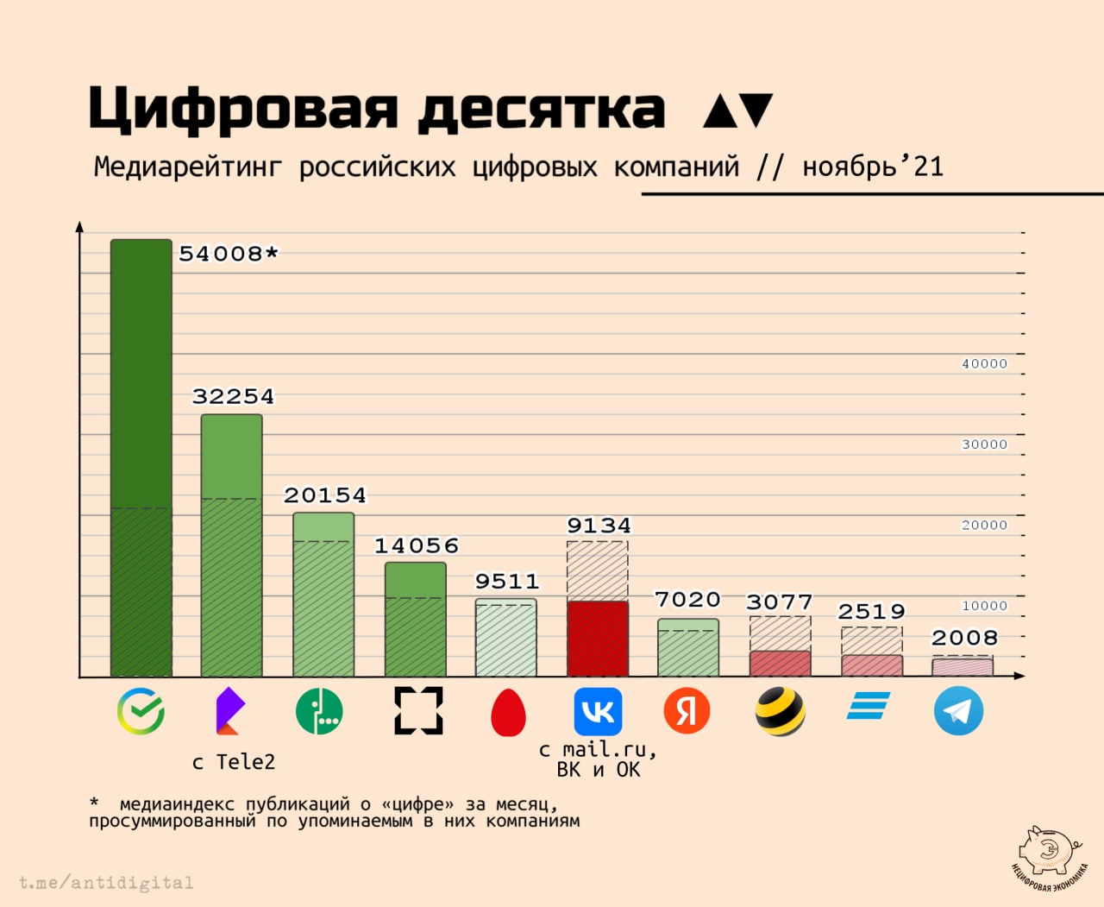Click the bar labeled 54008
point(141,457)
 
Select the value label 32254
point(233,396)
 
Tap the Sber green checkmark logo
point(141,711)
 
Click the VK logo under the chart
point(598,711)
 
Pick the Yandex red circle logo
point(687,711)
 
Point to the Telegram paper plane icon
point(958,711)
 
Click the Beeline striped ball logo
point(780,711)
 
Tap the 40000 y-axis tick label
point(984,364)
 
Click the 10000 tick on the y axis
point(984,606)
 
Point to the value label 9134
point(599,526)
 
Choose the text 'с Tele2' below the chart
point(233,762)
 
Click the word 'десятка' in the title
point(542,110)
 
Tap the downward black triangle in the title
point(756,110)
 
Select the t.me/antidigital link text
point(106,883)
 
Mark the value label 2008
point(963,638)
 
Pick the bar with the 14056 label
point(416,619)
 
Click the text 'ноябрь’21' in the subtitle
point(872,166)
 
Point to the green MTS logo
point(319,711)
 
